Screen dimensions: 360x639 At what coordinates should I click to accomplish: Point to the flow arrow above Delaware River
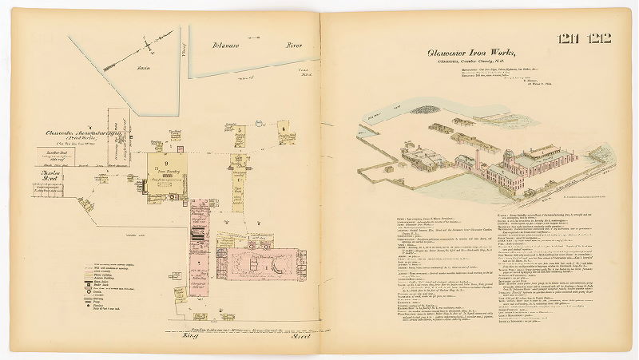[x=255, y=37]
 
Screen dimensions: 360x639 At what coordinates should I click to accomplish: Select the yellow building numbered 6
[x=282, y=130]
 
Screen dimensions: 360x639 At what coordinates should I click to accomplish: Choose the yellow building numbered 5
[x=238, y=132]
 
